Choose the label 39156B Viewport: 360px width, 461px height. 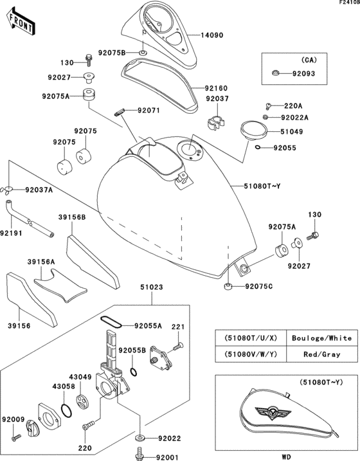[x=73, y=217]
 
